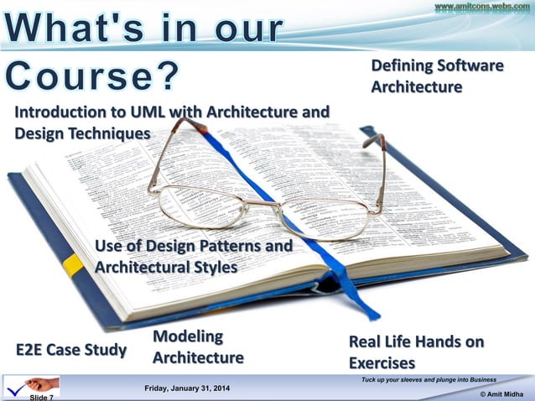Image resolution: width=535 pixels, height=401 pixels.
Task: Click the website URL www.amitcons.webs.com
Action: (481, 7)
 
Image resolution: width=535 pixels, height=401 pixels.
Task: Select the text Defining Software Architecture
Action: (437, 76)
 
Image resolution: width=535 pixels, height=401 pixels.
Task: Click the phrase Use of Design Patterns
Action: (194, 246)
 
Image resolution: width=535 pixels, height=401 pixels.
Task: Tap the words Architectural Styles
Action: (166, 267)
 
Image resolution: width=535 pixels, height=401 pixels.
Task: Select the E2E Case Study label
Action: (71, 349)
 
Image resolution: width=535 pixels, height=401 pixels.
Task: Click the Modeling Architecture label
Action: (198, 347)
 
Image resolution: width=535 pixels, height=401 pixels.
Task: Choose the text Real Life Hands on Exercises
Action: (416, 352)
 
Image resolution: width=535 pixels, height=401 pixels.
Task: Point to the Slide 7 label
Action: (41, 397)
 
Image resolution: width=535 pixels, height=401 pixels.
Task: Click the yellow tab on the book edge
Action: (73, 266)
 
